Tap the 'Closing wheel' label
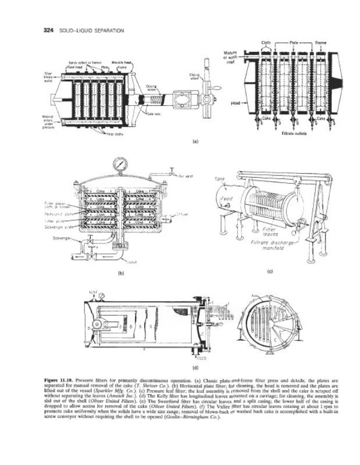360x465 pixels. tap(195, 76)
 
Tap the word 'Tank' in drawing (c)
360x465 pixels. tap(219, 180)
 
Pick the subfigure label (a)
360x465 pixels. tap(195, 141)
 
